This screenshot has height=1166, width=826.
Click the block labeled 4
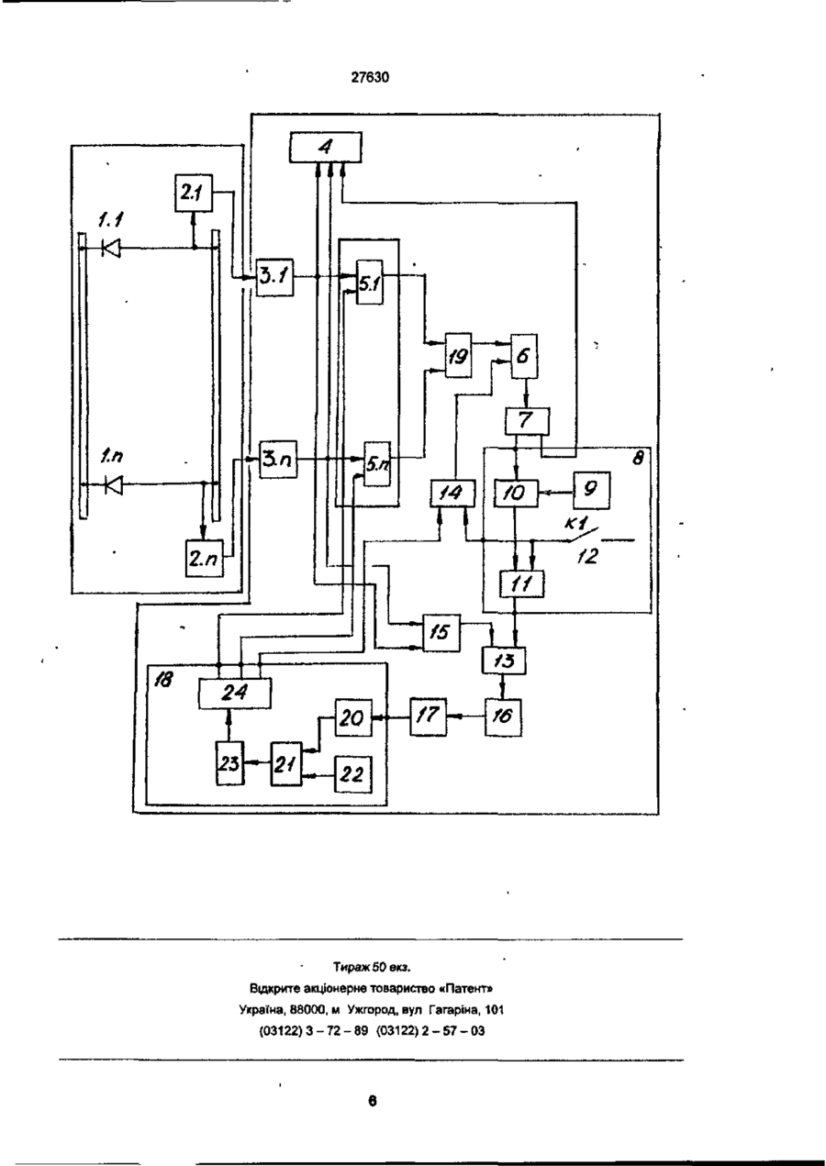click(326, 148)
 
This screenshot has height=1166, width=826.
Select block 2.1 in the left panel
click(194, 194)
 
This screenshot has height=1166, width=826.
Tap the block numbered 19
click(458, 356)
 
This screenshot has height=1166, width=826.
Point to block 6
click(524, 356)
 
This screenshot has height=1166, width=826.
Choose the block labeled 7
click(527, 421)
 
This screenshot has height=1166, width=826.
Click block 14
click(452, 493)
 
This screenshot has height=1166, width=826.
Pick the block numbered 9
click(591, 491)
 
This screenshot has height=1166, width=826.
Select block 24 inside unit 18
click(235, 694)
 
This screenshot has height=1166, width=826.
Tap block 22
click(353, 774)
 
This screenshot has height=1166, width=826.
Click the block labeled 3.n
click(279, 460)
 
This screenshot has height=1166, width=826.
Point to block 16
click(503, 716)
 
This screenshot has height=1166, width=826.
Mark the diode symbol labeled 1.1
click(111, 248)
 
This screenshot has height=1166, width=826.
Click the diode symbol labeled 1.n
click(114, 484)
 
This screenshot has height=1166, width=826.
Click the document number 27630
click(370, 78)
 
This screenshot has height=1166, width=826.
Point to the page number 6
click(373, 1101)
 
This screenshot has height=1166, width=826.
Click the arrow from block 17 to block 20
click(391, 717)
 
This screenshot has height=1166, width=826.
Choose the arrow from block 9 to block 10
click(555, 492)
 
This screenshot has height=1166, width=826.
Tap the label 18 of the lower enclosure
click(162, 679)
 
